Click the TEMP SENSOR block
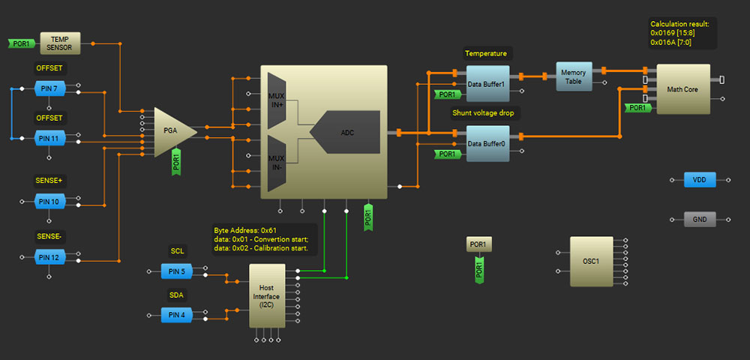pyautogui.click(x=60, y=43)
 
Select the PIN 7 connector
pyautogui.click(x=49, y=89)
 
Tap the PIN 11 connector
pyautogui.click(x=49, y=138)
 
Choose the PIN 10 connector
pyautogui.click(x=49, y=201)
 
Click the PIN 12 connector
pyautogui.click(x=49, y=257)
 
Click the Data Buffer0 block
pyautogui.click(x=487, y=143)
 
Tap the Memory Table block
pyautogui.click(x=574, y=76)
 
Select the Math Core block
pyautogui.click(x=682, y=89)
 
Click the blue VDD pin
pyautogui.click(x=700, y=180)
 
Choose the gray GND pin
pyautogui.click(x=700, y=220)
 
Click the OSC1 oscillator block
pyautogui.click(x=591, y=261)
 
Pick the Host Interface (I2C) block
pyautogui.click(x=267, y=295)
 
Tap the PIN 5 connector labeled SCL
pyautogui.click(x=177, y=271)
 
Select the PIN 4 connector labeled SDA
pyautogui.click(x=177, y=316)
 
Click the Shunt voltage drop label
pyautogui.click(x=485, y=113)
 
